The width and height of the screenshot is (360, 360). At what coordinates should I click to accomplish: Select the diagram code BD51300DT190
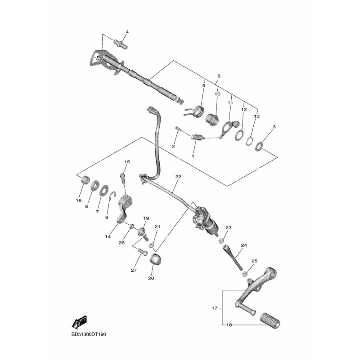click(89, 334)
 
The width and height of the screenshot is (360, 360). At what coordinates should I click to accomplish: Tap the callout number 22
click(178, 176)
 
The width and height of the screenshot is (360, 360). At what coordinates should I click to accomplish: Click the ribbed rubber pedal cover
click(270, 320)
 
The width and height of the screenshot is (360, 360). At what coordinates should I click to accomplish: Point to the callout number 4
click(127, 31)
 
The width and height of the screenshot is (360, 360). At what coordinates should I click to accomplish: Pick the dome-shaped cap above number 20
click(155, 259)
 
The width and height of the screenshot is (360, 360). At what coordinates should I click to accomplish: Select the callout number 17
click(215, 308)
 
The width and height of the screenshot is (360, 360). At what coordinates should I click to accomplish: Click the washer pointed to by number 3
click(259, 146)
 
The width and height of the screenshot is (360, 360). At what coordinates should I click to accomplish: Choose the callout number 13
click(256, 116)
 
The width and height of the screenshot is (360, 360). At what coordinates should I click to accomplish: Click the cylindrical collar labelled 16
click(85, 180)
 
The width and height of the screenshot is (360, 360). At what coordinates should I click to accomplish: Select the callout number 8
click(219, 76)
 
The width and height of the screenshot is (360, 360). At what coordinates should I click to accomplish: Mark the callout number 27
click(134, 270)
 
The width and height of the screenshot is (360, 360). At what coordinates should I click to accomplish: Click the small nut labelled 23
click(221, 241)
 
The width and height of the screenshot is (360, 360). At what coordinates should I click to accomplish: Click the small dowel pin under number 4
click(121, 44)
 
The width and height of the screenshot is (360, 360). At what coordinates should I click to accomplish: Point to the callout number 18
click(229, 325)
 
